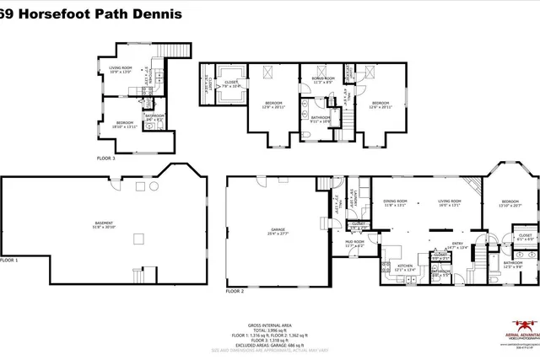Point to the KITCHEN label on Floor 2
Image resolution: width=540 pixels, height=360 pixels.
pos(406,267)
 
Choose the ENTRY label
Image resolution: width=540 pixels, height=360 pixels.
pos(457,245)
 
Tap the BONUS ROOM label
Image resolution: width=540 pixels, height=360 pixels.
pos(325,80)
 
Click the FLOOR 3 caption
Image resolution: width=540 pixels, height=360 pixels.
pos(106,159)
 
